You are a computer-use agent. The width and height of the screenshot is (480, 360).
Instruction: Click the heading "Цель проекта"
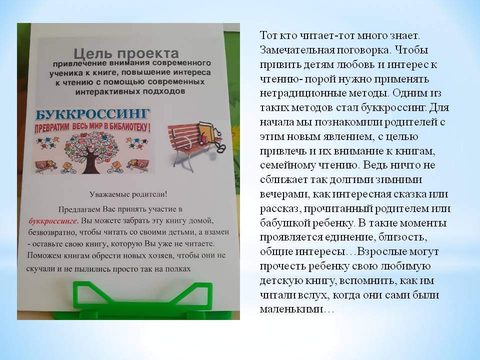[x=126, y=53]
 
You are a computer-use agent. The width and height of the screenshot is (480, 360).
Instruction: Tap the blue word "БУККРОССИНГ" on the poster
[x=93, y=114]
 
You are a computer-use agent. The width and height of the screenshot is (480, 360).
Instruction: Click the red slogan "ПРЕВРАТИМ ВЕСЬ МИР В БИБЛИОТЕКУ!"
[x=92, y=127]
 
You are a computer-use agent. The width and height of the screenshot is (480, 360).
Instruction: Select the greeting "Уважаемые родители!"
[x=128, y=194]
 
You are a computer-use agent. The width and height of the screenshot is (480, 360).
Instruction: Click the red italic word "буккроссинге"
[x=52, y=220]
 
